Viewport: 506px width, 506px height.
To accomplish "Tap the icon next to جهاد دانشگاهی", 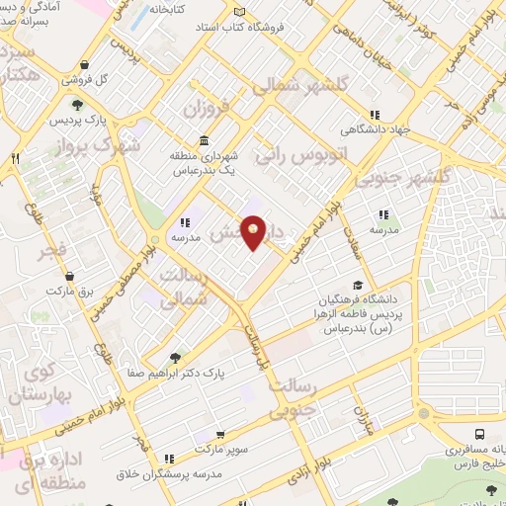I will (375, 113).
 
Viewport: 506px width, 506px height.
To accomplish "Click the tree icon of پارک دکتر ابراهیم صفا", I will (176, 359).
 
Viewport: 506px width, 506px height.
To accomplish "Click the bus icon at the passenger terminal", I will (479, 434).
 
